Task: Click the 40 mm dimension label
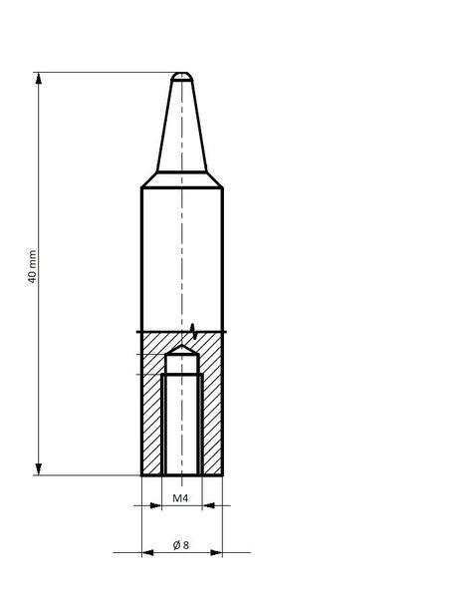(x=33, y=266)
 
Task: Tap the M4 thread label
(x=180, y=498)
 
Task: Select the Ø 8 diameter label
(x=181, y=545)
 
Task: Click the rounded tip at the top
(x=182, y=77)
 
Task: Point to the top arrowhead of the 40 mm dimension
(x=39, y=78)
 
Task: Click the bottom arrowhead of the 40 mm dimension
(x=39, y=469)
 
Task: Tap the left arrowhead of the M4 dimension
(x=156, y=505)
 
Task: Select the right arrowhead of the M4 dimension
(x=208, y=505)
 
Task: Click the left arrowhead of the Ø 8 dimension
(x=147, y=552)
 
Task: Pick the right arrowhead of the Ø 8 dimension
(x=216, y=552)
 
